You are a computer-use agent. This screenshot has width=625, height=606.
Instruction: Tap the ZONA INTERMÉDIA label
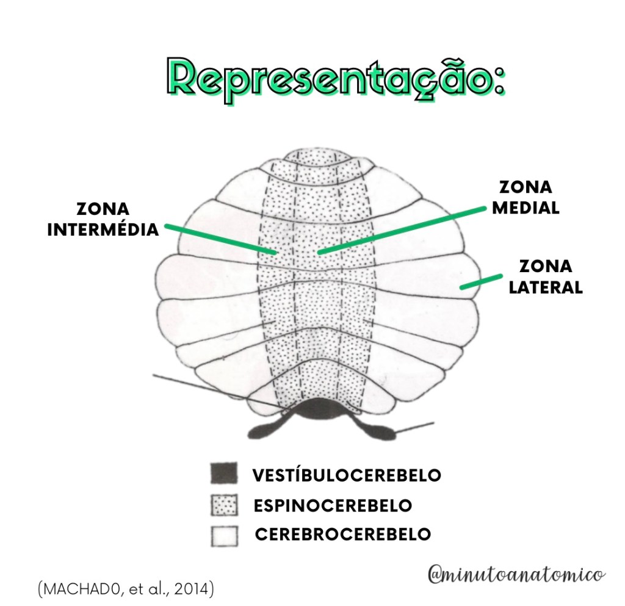tap(103, 219)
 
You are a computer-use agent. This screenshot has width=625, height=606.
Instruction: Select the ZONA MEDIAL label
tap(526, 197)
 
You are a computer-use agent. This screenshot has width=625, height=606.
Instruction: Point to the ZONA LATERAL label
tap(546, 276)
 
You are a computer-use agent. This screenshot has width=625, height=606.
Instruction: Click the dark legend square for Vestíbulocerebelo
tap(223, 474)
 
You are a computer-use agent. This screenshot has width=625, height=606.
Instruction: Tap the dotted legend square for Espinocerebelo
tap(223, 505)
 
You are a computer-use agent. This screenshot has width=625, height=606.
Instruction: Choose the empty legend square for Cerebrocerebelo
tap(223, 535)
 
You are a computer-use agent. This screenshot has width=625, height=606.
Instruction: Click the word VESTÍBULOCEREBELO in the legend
tap(347, 475)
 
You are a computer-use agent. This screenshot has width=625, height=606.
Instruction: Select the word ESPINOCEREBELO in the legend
tap(333, 505)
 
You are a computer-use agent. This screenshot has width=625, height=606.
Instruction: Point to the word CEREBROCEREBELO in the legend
tap(342, 535)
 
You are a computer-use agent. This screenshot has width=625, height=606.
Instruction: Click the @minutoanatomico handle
tap(516, 574)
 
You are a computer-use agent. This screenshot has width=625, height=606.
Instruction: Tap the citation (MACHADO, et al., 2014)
tap(125, 590)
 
